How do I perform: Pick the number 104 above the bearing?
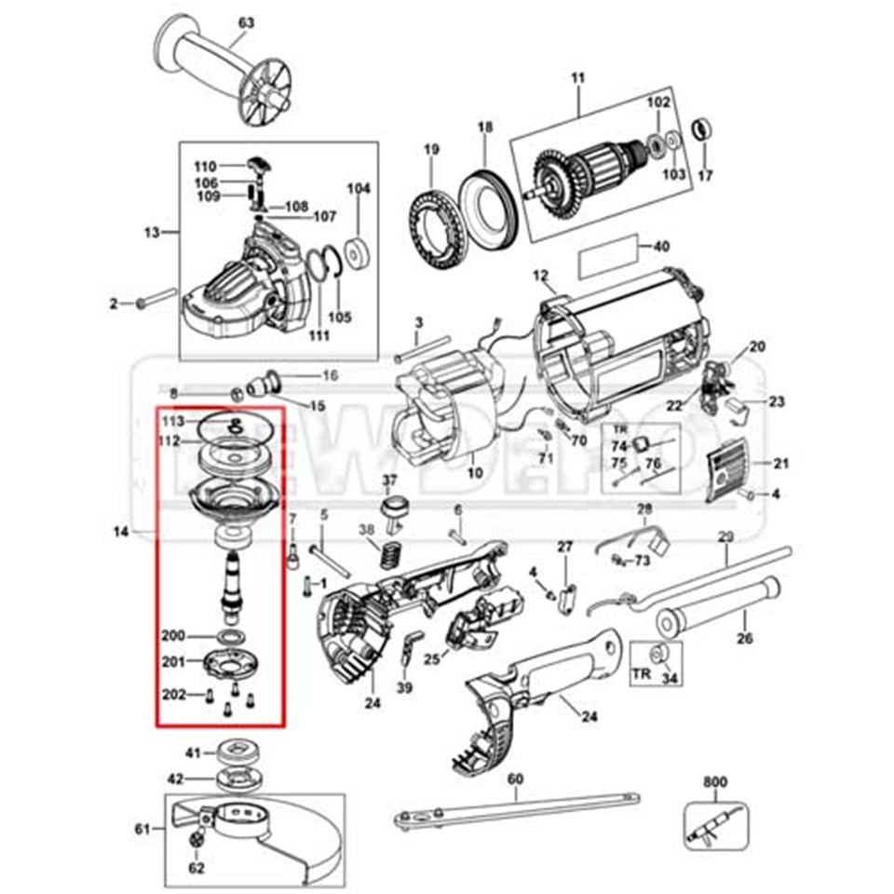tap(359, 189)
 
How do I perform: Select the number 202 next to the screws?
tap(173, 694)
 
